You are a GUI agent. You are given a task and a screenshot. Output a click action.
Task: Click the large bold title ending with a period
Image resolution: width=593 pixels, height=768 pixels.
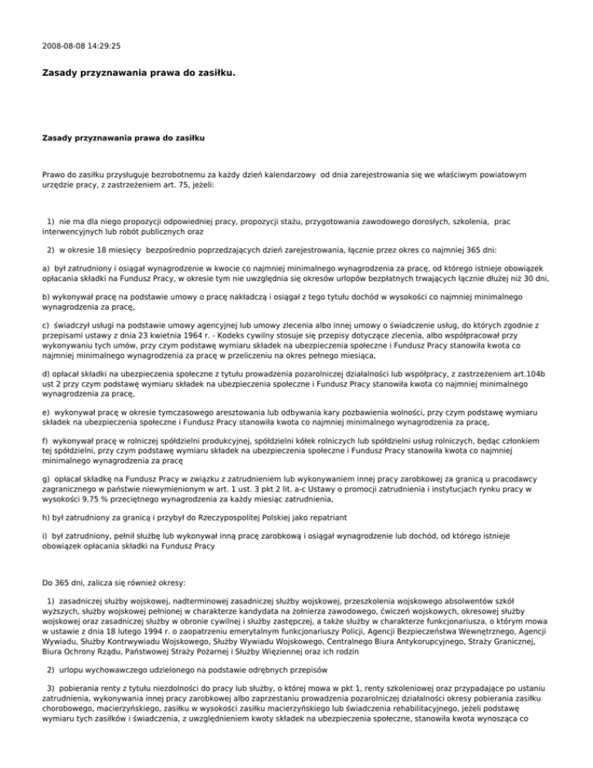138,75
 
